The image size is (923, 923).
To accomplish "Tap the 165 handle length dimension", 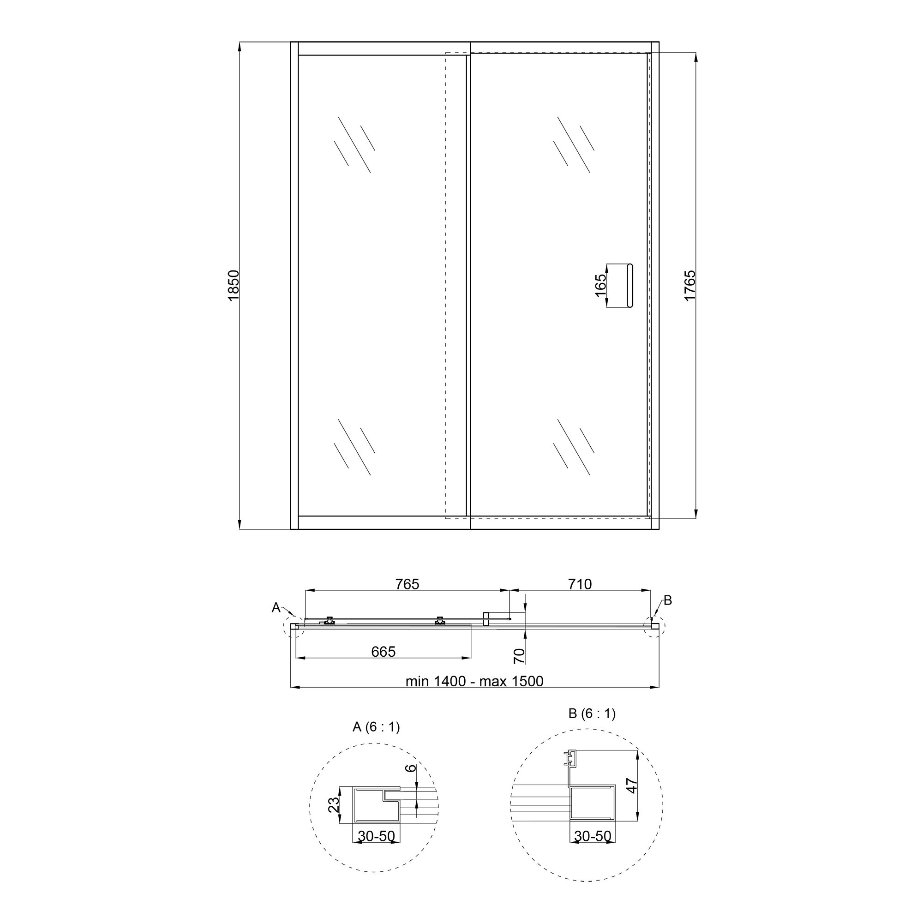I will pos(600,285).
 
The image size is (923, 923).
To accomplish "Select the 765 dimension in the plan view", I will pos(407,584).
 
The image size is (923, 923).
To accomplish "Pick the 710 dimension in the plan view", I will pos(580,584).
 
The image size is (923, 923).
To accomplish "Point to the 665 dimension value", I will pos(383,652).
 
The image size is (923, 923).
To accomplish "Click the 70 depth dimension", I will pos(519,656).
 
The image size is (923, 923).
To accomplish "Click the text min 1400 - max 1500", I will pos(474,681).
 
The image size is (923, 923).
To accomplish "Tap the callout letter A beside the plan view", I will pos(276,608).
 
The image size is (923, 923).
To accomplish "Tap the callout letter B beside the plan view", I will pos(668,600).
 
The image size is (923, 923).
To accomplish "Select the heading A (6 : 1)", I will pos(376,727).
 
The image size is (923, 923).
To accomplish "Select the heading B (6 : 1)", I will pos(592,714).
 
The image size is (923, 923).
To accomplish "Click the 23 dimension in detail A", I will pos(334,805).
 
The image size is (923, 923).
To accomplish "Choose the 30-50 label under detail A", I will pos(377,836).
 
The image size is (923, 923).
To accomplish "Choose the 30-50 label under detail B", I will pos(593,836).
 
